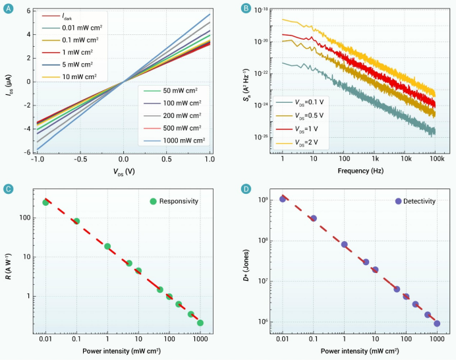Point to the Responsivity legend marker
153,200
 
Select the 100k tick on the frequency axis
435,160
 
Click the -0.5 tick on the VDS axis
80,160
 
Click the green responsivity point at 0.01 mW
45,202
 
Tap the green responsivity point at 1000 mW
200,323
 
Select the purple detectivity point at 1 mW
344,245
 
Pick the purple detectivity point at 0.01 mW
283,199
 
